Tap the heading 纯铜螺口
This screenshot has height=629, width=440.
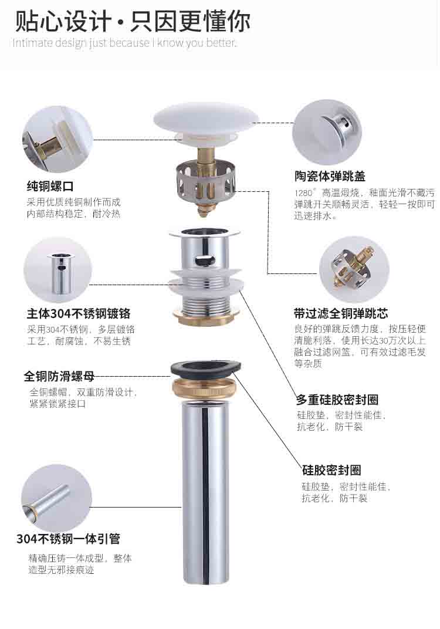click(50, 187)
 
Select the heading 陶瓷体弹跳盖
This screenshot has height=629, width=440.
click(330, 176)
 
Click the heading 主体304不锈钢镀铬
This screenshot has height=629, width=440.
click(79, 313)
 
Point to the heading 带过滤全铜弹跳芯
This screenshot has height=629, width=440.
click(341, 313)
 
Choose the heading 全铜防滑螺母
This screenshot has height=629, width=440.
click(59, 376)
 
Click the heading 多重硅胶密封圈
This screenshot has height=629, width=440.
click(337, 400)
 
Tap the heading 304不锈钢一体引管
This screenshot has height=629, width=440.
click(68, 539)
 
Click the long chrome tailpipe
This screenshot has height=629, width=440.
click(205, 493)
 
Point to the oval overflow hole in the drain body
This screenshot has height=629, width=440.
click(205, 259)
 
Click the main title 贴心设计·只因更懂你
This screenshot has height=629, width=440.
click(133, 21)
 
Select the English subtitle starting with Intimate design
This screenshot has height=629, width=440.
click(124, 42)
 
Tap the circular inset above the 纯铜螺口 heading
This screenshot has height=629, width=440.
click(57, 139)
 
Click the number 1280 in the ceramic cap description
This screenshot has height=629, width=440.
click(303, 194)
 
